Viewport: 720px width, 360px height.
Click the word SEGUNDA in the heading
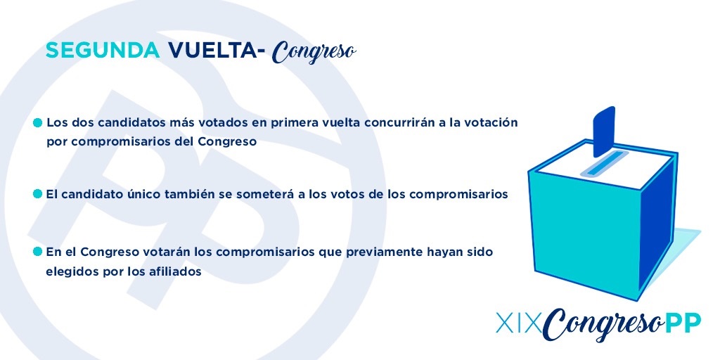[x=103, y=51]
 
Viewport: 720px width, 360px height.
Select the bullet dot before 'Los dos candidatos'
[x=38, y=123]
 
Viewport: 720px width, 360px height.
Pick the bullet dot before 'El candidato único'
[x=38, y=194]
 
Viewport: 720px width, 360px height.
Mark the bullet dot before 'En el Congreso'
[x=38, y=252]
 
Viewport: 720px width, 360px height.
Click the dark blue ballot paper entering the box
[x=604, y=131]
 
